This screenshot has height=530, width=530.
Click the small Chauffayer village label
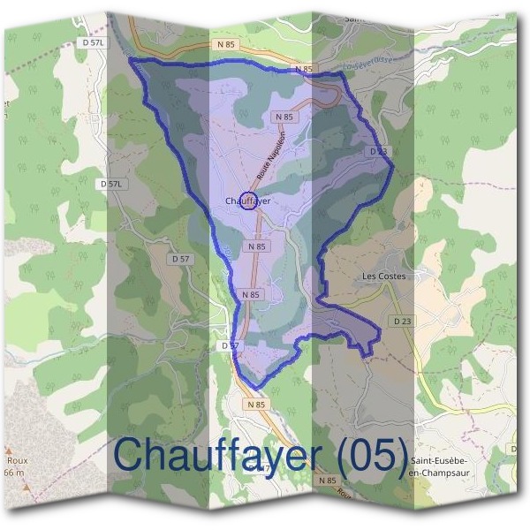(246, 201)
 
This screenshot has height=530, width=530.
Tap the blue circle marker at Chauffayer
(248, 201)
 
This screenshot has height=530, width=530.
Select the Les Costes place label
(384, 276)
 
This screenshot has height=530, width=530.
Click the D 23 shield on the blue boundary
(377, 151)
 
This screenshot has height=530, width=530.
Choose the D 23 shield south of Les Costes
(404, 320)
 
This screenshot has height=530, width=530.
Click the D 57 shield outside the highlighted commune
(180, 259)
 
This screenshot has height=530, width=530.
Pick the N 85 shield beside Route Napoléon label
(284, 117)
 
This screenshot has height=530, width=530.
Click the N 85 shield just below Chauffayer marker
(257, 246)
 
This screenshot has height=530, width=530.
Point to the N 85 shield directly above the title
(256, 404)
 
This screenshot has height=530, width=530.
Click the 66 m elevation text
(13, 473)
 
